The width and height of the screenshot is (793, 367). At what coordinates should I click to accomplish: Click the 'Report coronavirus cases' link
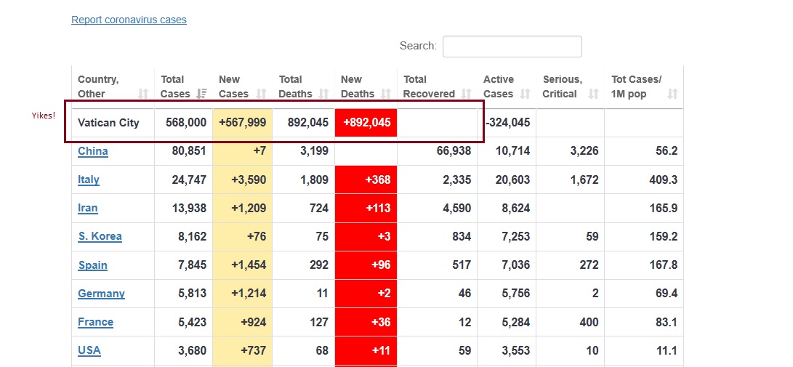tap(129, 20)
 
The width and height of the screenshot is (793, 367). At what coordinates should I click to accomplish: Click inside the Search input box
tap(512, 47)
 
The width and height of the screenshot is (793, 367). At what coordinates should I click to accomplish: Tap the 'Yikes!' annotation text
tap(44, 116)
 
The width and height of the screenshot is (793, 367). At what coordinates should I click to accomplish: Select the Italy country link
tap(89, 180)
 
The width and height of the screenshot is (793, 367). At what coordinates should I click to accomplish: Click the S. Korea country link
tap(100, 236)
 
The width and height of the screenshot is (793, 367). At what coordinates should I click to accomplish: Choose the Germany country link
tap(101, 294)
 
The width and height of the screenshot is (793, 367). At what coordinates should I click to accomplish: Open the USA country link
tap(89, 350)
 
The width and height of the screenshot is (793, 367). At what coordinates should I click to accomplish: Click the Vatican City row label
tap(108, 123)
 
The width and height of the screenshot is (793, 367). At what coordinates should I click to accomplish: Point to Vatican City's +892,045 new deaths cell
tap(366, 123)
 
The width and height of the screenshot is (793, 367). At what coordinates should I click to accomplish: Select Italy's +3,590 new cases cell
tap(243, 180)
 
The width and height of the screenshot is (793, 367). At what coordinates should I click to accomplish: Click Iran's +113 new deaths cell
tap(366, 208)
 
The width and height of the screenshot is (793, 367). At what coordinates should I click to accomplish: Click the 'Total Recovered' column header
tap(429, 86)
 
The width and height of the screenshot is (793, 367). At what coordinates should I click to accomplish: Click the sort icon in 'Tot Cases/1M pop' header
tap(672, 94)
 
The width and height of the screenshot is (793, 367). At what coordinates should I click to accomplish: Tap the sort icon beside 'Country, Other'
tap(143, 94)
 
